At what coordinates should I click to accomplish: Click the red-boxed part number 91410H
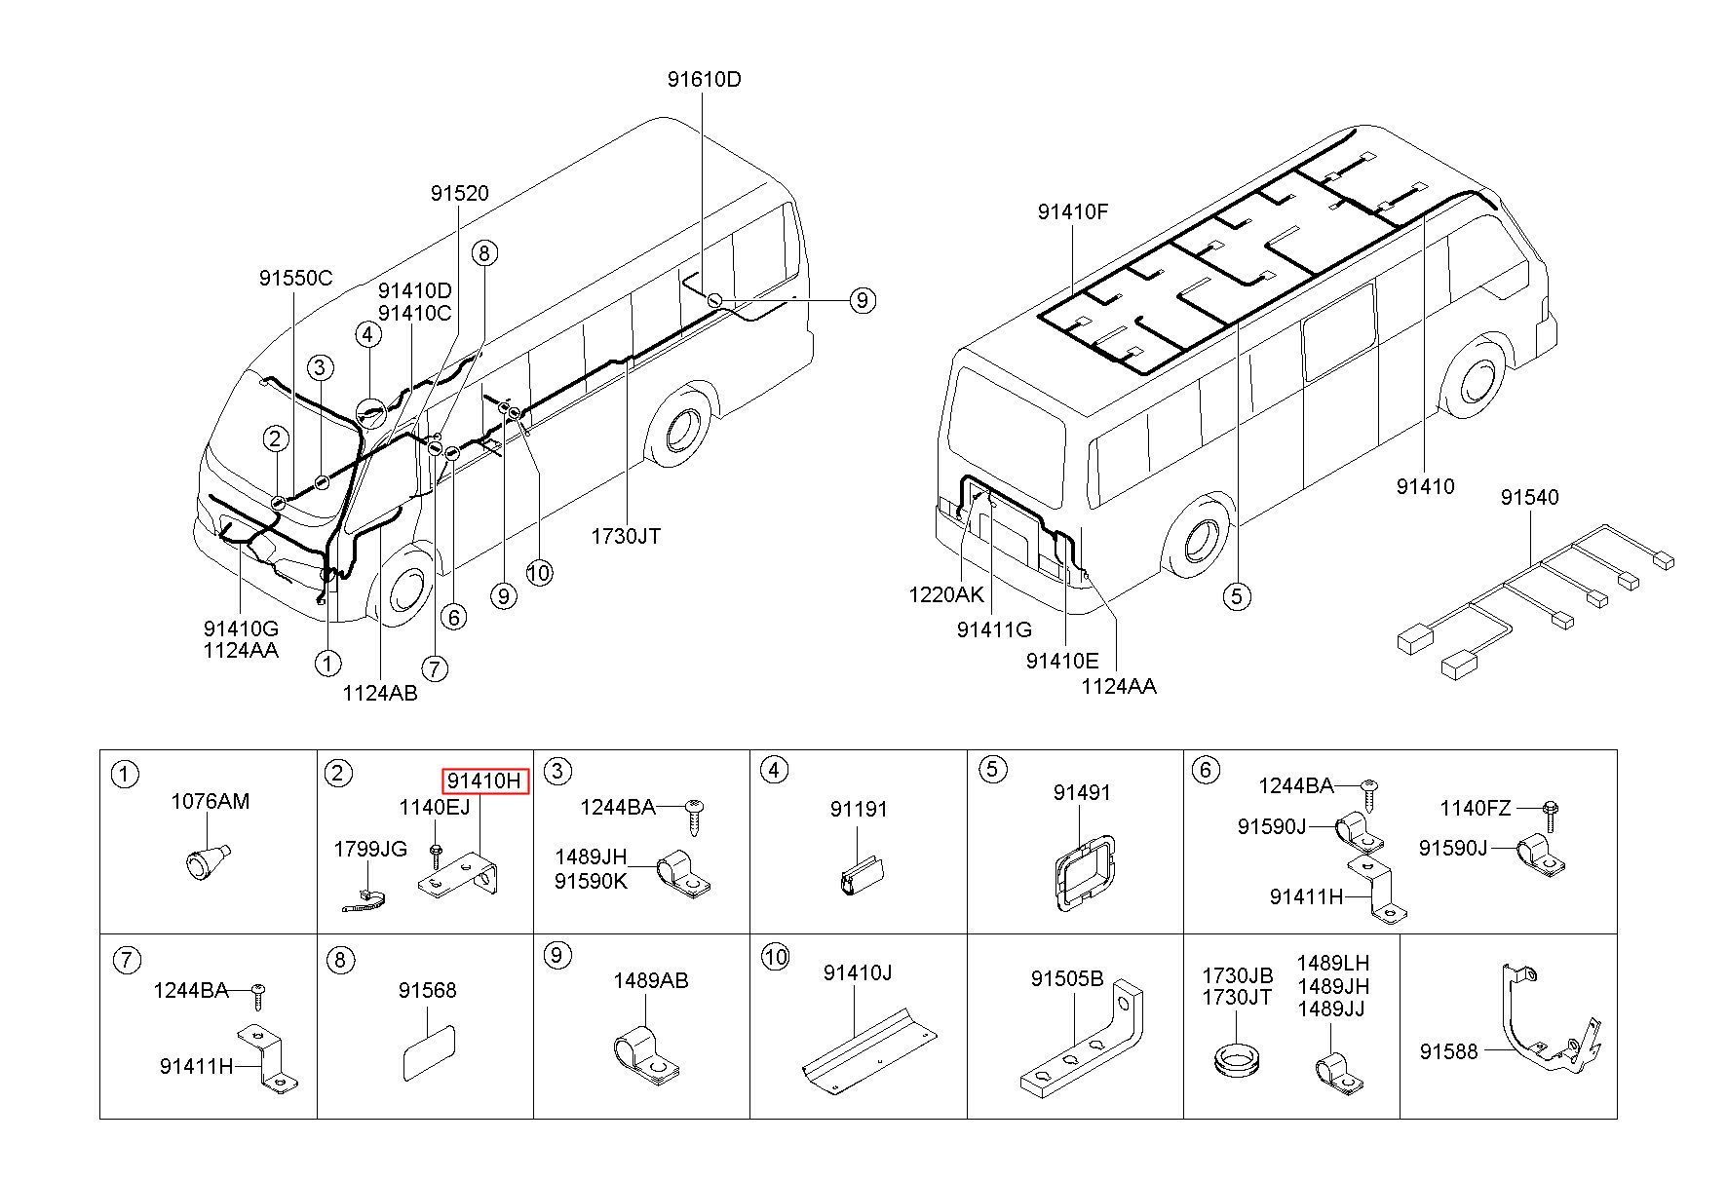pyautogui.click(x=486, y=780)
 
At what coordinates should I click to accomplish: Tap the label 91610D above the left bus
pyautogui.click(x=704, y=80)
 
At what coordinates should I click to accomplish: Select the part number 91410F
pyautogui.click(x=1072, y=211)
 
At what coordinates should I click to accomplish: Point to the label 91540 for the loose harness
pyautogui.click(x=1529, y=497)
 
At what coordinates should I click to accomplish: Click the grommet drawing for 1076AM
pyautogui.click(x=205, y=860)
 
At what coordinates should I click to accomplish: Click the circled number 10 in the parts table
pyautogui.click(x=776, y=957)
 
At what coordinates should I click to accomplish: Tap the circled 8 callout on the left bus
pyautogui.click(x=484, y=253)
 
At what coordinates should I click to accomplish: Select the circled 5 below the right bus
pyautogui.click(x=1237, y=595)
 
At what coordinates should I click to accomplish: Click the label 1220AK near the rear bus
pyautogui.click(x=945, y=594)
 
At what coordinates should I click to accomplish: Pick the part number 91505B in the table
pyautogui.click(x=1066, y=978)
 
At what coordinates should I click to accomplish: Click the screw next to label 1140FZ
pyautogui.click(x=1551, y=809)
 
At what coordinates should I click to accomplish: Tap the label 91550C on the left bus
pyautogui.click(x=295, y=278)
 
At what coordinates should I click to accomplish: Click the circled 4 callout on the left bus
pyautogui.click(x=366, y=335)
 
